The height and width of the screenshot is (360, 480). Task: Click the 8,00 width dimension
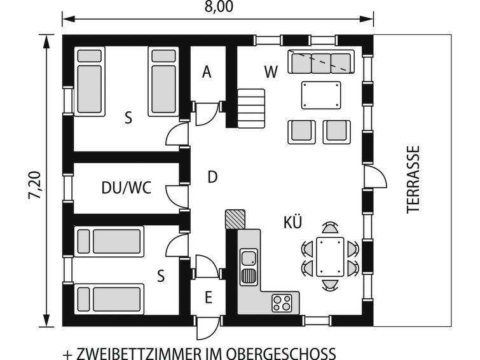coord(219,7)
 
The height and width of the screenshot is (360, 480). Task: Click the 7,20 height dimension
coord(34,184)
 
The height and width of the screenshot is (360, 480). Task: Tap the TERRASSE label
coord(413,179)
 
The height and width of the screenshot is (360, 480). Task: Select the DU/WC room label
coord(127,188)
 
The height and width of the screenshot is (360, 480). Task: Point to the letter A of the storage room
coord(207,72)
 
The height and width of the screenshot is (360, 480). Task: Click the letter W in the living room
coord(271,72)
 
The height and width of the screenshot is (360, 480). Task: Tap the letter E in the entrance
coord(209,297)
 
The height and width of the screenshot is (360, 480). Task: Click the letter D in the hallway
coord(212,177)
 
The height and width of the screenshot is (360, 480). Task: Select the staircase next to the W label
coord(250,108)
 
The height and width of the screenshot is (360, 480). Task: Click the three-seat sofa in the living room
coord(321,62)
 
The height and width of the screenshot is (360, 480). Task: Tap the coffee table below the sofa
coord(321,95)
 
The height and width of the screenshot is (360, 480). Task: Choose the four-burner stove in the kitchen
coord(282,303)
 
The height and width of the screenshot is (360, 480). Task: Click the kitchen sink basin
coord(249,258)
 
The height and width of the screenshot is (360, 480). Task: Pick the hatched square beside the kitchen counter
coord(235,219)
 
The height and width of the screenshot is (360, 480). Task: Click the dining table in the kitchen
coord(330,257)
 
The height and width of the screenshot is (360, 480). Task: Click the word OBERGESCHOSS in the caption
coord(289,354)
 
